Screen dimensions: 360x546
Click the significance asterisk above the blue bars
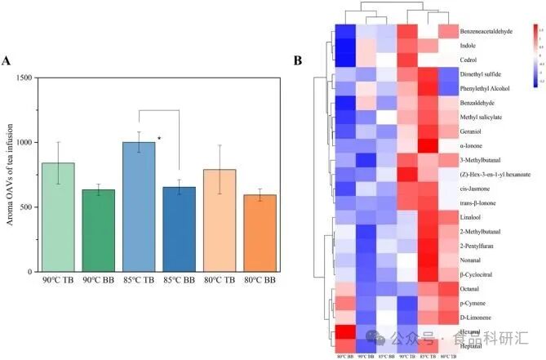tap(159, 139)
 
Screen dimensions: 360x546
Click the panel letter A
tap(7, 60)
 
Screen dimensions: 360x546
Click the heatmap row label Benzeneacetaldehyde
tap(486, 31)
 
